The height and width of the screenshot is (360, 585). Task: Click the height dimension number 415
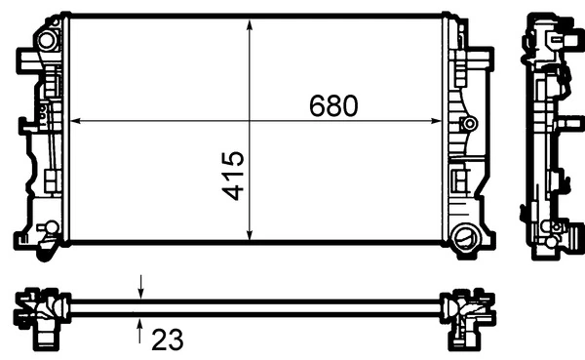(234, 176)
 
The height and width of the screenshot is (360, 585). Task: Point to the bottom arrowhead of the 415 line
(251, 238)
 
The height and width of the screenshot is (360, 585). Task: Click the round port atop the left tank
(45, 42)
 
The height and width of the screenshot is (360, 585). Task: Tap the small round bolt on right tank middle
(470, 124)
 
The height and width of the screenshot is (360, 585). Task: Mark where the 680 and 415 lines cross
(251, 121)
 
